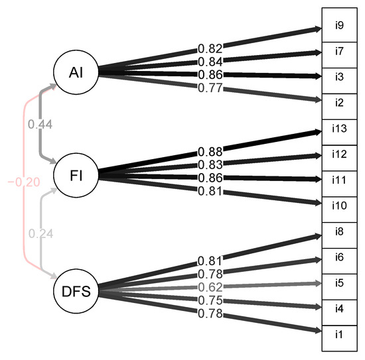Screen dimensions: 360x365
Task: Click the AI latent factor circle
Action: point(76,72)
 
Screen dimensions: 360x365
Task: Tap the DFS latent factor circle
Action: point(76,290)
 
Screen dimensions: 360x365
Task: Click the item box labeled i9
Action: point(338,26)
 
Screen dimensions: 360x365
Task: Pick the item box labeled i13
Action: point(338,128)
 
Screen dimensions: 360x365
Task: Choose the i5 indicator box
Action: point(338,282)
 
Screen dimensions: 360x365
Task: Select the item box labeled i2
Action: point(338,102)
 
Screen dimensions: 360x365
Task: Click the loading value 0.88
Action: point(210,151)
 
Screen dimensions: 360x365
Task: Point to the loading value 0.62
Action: point(210,288)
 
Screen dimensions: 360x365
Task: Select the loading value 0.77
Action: point(210,87)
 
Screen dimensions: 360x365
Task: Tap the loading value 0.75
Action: point(210,301)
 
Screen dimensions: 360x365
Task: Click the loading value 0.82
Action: point(210,48)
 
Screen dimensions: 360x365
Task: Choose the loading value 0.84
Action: point(210,62)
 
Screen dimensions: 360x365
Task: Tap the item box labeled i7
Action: point(338,51)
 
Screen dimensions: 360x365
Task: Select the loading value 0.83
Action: point(210,164)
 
